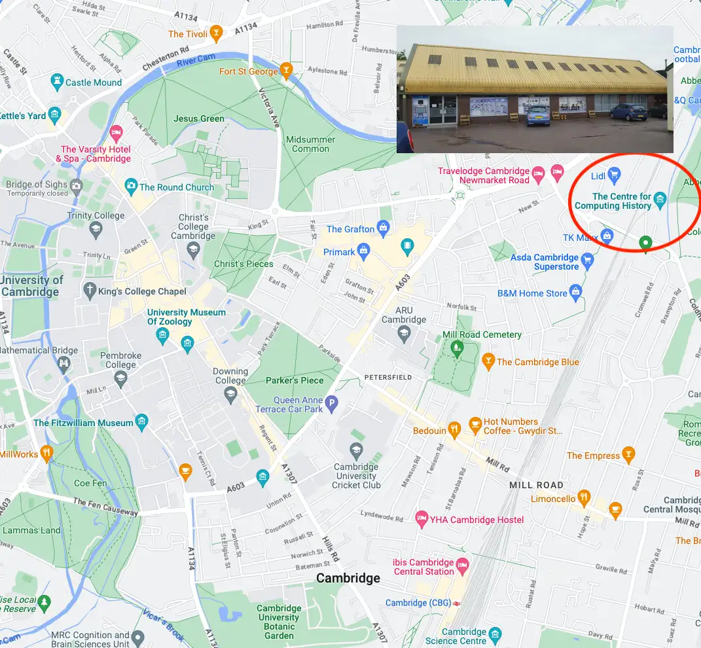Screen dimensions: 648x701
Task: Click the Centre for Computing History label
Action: point(613,201)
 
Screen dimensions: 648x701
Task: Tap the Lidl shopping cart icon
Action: point(614,174)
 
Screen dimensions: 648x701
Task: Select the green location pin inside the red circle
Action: point(645,243)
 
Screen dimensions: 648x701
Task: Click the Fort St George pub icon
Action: point(285,71)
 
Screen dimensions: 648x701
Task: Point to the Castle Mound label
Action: point(94,82)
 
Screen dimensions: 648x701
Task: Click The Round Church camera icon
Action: point(131,187)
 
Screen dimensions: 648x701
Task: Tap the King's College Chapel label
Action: point(142,291)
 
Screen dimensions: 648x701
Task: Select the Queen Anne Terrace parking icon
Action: point(332,405)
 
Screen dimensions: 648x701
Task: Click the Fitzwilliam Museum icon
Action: point(141,422)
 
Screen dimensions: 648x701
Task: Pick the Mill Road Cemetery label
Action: point(482,334)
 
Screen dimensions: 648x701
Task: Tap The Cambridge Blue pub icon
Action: point(488,361)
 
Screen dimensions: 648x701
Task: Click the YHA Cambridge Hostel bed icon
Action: point(422,520)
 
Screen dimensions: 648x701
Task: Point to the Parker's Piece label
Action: point(295,380)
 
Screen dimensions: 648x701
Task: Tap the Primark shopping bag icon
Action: point(364,251)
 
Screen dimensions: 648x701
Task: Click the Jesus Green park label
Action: point(199,118)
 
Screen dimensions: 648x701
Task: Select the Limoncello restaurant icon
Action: point(584,499)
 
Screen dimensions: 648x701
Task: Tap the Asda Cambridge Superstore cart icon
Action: point(587,262)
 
